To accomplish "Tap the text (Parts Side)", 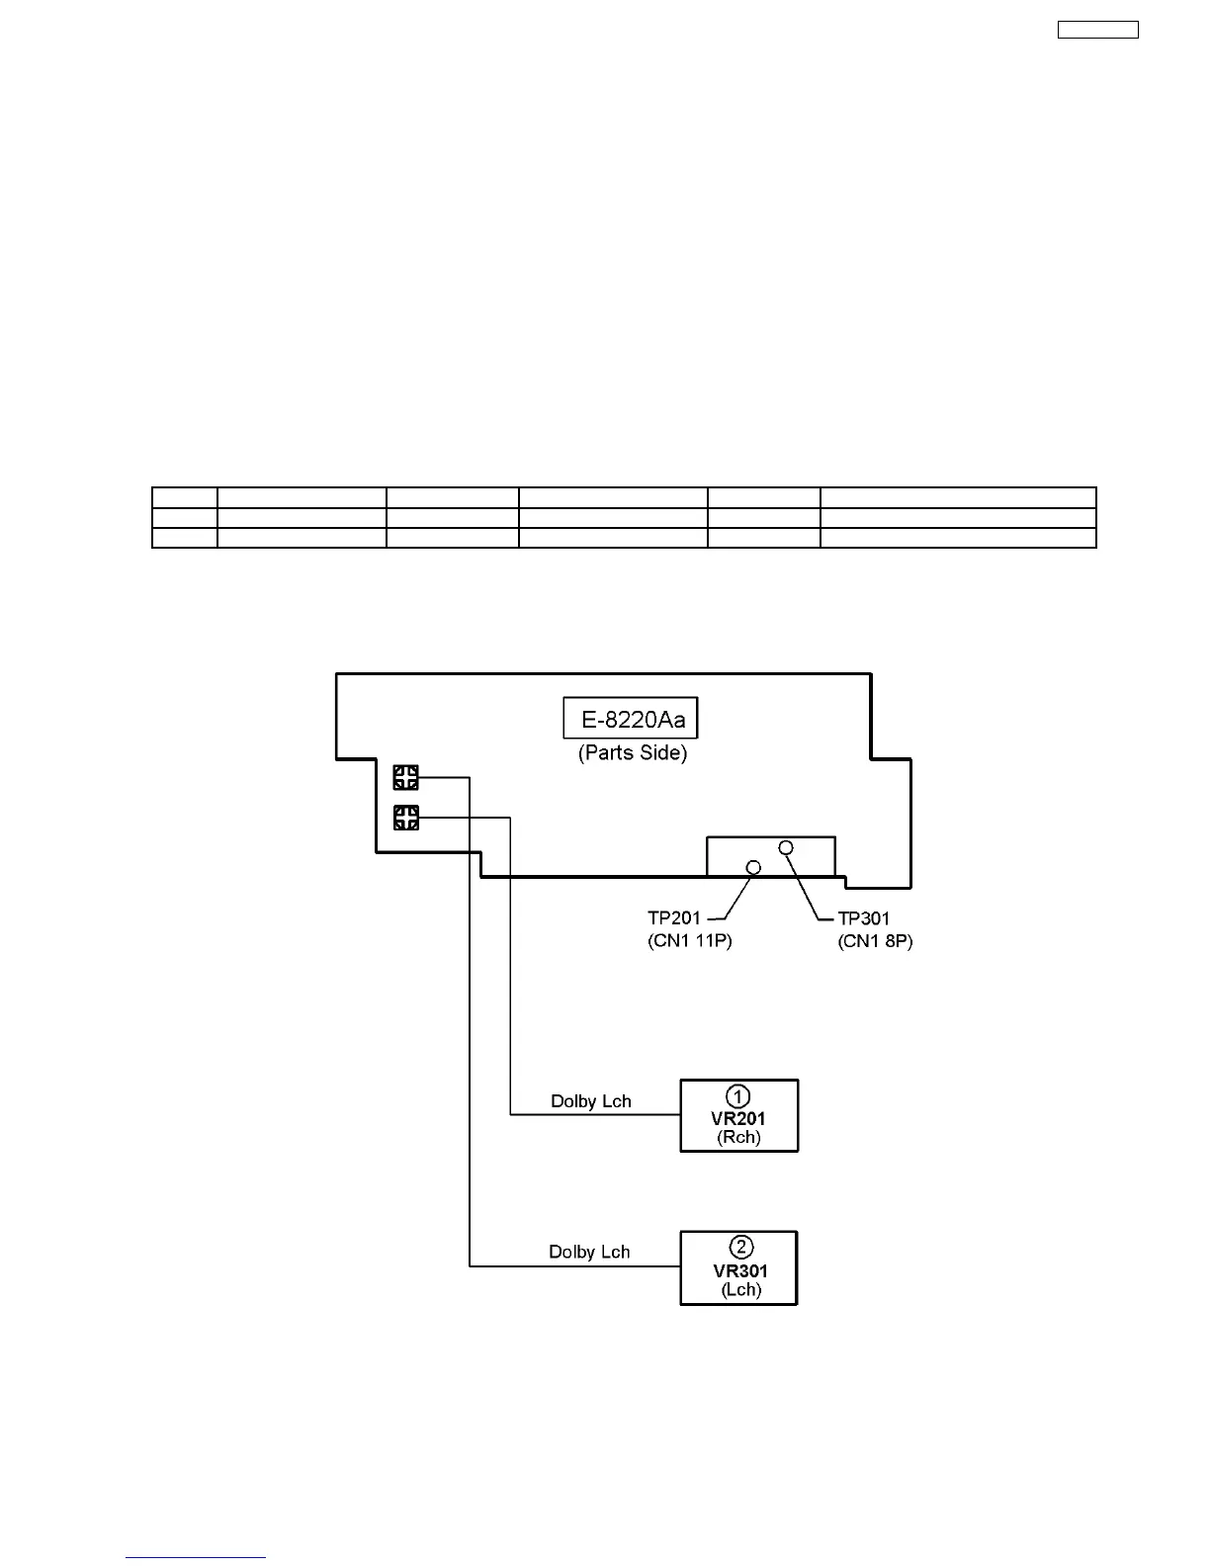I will click(633, 753).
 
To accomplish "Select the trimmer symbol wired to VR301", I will click(406, 778).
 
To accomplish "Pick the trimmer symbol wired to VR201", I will click(406, 818).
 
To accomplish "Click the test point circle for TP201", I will click(753, 867).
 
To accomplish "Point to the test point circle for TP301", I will click(786, 847).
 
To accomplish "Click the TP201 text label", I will click(674, 918).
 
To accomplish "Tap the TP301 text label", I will click(864, 918).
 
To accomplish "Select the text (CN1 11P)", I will click(690, 941).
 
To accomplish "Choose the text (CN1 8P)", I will click(875, 941).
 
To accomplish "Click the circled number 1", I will click(738, 1096).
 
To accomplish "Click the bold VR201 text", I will click(738, 1119).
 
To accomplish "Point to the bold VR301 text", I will click(739, 1271).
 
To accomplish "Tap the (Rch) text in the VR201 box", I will click(739, 1138).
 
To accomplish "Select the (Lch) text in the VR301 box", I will click(740, 1290).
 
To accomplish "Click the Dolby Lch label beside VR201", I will click(590, 1101).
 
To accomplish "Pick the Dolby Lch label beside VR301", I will click(589, 1253).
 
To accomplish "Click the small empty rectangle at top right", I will click(1097, 30).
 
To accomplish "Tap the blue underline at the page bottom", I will click(196, 1558).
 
